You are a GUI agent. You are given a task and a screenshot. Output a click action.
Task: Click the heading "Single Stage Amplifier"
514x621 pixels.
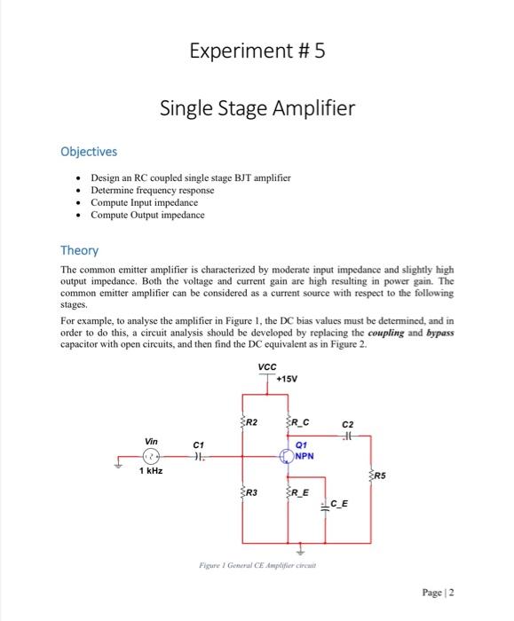pos(257,108)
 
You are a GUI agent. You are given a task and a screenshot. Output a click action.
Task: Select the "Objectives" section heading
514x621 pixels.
pos(89,152)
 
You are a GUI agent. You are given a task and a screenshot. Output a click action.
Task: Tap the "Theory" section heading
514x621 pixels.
pos(79,251)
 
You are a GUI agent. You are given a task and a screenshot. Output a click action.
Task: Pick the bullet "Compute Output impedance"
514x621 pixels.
pos(147,215)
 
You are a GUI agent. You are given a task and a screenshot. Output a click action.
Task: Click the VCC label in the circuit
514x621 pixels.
pos(266,367)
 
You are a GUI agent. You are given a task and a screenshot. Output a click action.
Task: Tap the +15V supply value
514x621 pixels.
pos(289,380)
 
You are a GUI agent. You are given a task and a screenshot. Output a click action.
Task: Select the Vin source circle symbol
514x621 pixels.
pos(153,459)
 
